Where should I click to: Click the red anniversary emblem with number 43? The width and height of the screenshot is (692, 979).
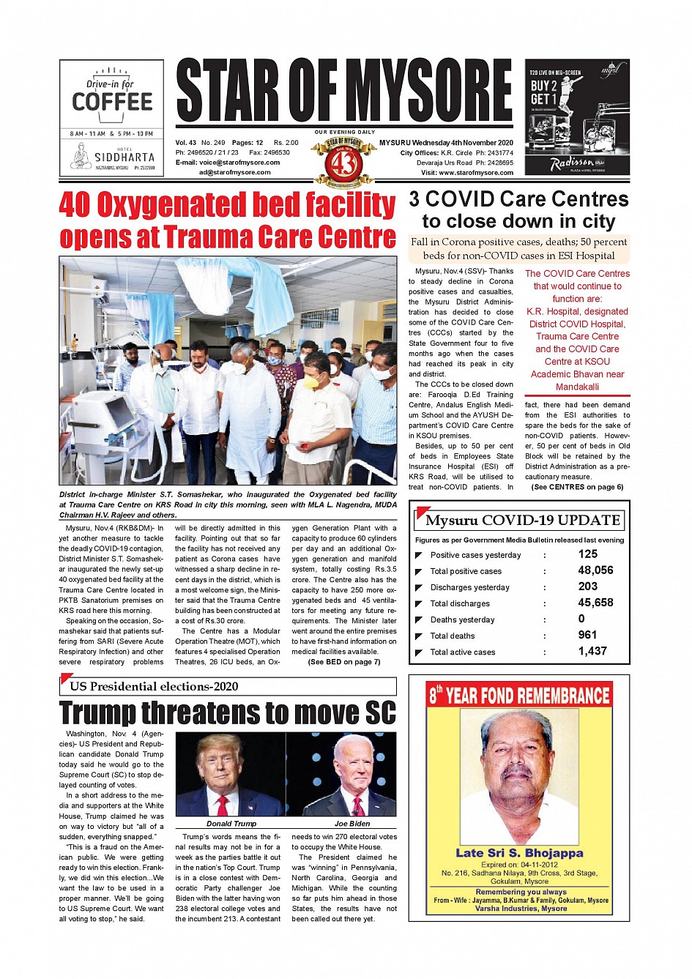[x=343, y=162]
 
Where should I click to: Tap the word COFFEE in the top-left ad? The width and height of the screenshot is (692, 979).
[x=112, y=102]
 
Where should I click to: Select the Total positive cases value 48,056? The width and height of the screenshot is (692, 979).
[x=595, y=570]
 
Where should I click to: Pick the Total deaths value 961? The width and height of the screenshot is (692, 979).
[x=587, y=635]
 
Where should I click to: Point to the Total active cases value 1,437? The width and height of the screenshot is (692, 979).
[x=592, y=651]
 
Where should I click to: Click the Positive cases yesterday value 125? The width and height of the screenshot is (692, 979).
[x=587, y=554]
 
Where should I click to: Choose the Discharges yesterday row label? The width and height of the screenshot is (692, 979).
[x=469, y=587]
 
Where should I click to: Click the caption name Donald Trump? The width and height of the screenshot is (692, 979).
[x=231, y=824]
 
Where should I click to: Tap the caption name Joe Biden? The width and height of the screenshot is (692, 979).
[x=352, y=824]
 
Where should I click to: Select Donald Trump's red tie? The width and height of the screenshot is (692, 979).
[x=222, y=806]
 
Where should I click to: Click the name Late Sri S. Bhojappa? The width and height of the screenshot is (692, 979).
[x=519, y=853]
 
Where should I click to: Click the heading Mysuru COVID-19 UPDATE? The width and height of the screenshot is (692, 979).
[x=522, y=521]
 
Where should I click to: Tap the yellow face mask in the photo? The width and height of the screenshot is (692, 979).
[x=310, y=381]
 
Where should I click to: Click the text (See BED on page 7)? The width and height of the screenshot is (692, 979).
[x=343, y=662]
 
